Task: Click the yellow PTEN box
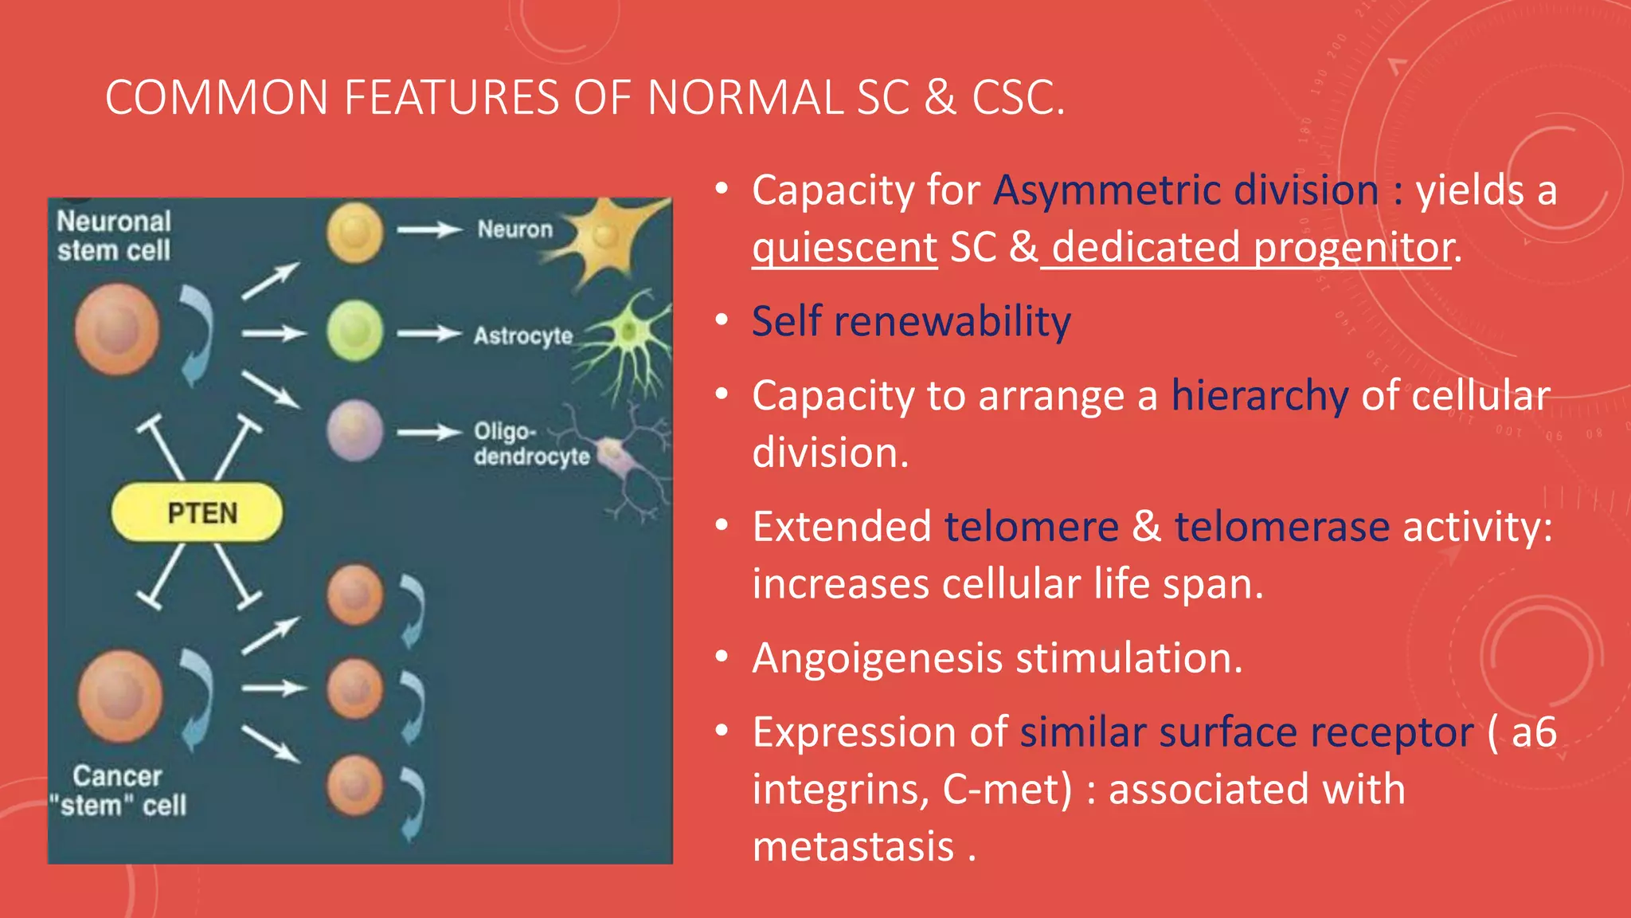pos(197,512)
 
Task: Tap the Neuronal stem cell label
pos(114,236)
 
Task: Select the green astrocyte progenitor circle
pos(354,331)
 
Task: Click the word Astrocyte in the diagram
pos(522,335)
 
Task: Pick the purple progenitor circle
pos(354,431)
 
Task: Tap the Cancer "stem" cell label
pos(118,791)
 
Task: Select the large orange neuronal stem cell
pos(117,329)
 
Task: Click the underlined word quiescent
pos(844,248)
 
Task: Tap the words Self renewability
pos(911,322)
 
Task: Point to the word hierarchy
pos(1259,396)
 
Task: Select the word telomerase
pos(1281,528)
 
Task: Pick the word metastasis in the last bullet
pos(853,846)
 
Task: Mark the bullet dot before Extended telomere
pos(722,525)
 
